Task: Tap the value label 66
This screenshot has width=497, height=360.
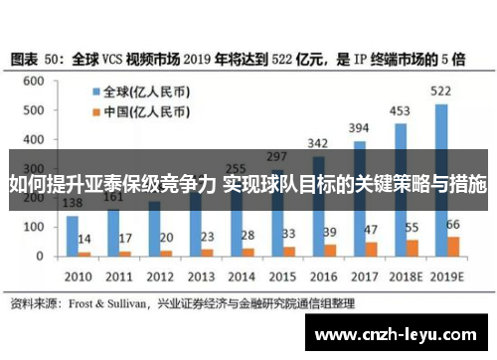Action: click(454, 225)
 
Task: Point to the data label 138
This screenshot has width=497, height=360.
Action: click(73, 204)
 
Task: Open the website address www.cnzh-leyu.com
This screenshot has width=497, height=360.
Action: click(398, 335)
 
